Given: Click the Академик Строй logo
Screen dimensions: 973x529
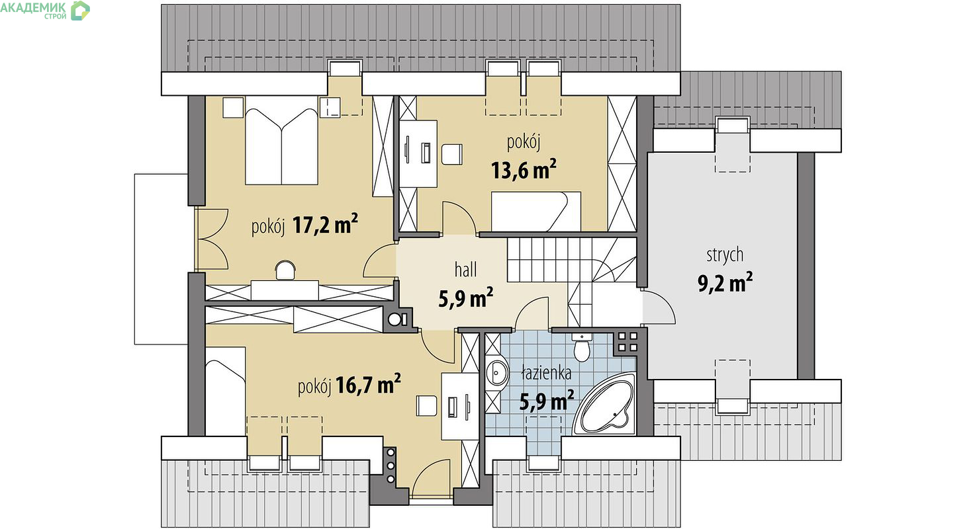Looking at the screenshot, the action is point(45,11).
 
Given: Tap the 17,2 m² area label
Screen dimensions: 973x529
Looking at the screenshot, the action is point(325,224).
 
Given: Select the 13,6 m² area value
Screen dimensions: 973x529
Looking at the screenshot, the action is point(524,169).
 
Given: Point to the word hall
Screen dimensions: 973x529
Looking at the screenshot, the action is point(465,270).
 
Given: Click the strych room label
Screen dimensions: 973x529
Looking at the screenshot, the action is point(725,255).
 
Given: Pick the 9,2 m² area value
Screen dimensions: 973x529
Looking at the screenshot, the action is point(725,282).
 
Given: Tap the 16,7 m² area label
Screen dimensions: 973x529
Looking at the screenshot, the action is point(368,384).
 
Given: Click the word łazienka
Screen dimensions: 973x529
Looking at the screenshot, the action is point(546,372).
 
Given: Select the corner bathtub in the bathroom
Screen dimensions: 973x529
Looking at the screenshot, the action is point(605,403).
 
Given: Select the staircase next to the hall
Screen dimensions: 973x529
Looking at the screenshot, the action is point(572,273).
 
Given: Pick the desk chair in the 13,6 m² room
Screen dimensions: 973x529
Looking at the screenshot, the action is point(452,154).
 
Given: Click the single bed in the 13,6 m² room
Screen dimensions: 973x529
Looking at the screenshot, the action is point(536,212).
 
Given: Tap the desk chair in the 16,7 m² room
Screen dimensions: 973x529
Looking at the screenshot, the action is point(426,405).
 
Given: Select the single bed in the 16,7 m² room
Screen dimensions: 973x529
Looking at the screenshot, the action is point(226,391).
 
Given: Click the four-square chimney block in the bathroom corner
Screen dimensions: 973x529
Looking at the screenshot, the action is point(628,341).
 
